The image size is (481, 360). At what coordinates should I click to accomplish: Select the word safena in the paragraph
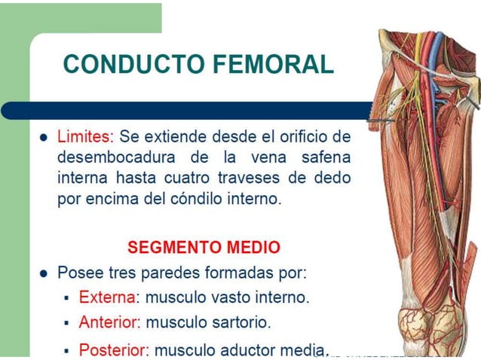click(326, 159)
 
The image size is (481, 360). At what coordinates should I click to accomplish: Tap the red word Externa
click(105, 297)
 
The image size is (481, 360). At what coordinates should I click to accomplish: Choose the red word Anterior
click(109, 322)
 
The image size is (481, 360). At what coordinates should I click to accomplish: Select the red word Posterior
click(114, 349)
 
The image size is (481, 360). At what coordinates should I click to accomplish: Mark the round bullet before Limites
click(44, 139)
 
